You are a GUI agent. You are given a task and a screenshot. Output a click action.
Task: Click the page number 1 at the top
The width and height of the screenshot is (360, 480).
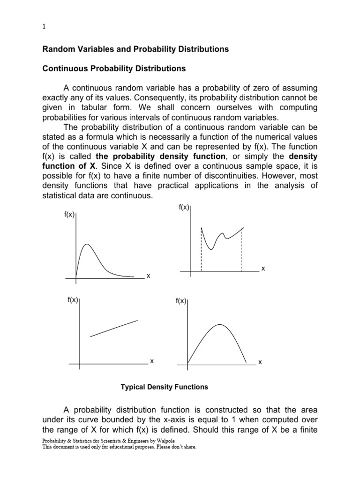44,27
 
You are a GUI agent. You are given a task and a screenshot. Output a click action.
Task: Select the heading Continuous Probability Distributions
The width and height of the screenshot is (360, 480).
114,69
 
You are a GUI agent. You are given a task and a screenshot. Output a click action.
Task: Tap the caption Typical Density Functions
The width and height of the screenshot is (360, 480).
165,387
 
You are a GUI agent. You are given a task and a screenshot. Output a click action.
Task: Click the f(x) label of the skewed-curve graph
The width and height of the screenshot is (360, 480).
69,215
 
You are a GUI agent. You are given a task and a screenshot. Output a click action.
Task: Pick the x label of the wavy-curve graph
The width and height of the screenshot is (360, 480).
263,269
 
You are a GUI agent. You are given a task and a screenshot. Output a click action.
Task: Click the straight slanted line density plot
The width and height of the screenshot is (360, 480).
114,328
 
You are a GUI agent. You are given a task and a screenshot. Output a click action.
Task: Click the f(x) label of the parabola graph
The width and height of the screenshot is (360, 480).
181,301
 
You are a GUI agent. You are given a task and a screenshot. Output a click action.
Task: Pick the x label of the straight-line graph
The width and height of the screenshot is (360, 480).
151,361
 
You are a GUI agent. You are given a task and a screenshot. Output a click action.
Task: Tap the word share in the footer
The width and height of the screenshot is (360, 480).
188,447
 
